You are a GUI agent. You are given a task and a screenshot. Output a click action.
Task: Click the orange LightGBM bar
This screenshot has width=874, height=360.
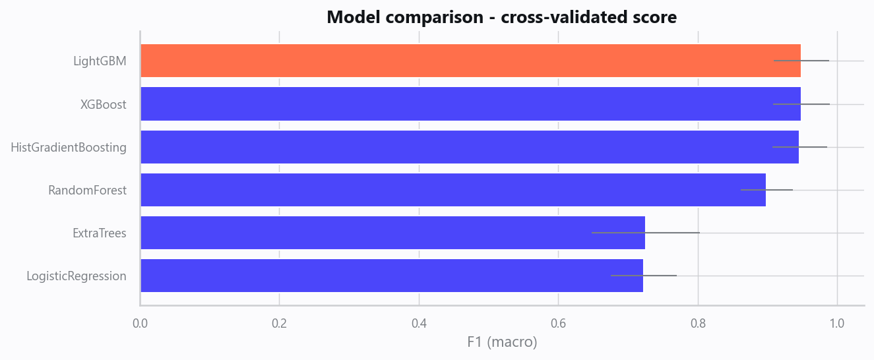click(470, 61)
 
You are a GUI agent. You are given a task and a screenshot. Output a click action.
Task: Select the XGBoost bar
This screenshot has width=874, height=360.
click(470, 104)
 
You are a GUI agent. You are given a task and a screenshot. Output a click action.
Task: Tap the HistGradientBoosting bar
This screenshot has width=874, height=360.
click(470, 147)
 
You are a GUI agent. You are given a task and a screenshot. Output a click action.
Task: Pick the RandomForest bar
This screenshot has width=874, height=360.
click(453, 190)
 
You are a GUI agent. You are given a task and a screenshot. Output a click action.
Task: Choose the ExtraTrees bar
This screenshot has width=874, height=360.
click(393, 233)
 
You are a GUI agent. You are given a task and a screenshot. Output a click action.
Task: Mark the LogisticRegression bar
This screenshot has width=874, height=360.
click(392, 276)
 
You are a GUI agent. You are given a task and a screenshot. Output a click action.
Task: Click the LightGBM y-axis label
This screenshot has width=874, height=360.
click(100, 61)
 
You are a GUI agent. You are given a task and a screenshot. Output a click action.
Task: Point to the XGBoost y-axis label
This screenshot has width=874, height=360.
click(104, 105)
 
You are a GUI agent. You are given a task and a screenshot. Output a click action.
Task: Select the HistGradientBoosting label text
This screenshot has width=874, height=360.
click(69, 148)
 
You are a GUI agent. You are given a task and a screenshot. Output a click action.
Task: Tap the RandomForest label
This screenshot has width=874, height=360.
click(87, 191)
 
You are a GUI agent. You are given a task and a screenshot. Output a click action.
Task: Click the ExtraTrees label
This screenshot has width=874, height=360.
click(100, 233)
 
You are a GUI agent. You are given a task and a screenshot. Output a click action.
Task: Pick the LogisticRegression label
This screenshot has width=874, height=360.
click(77, 276)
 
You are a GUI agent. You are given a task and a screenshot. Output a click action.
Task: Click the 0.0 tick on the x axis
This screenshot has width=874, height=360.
click(140, 323)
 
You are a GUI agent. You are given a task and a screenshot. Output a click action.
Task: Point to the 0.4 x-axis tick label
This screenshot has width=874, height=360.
click(419, 323)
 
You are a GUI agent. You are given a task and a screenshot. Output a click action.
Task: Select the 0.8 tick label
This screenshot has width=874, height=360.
click(698, 323)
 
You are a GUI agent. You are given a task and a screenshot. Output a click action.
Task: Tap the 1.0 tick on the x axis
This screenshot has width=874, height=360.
click(837, 323)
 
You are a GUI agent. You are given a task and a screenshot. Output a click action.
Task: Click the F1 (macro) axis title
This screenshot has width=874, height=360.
click(502, 342)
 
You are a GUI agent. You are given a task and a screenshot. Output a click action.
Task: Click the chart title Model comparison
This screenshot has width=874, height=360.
click(502, 17)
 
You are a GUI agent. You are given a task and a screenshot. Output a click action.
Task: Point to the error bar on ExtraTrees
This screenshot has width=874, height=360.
click(646, 233)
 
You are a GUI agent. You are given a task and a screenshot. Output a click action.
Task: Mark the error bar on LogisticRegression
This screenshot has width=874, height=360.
click(644, 276)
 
